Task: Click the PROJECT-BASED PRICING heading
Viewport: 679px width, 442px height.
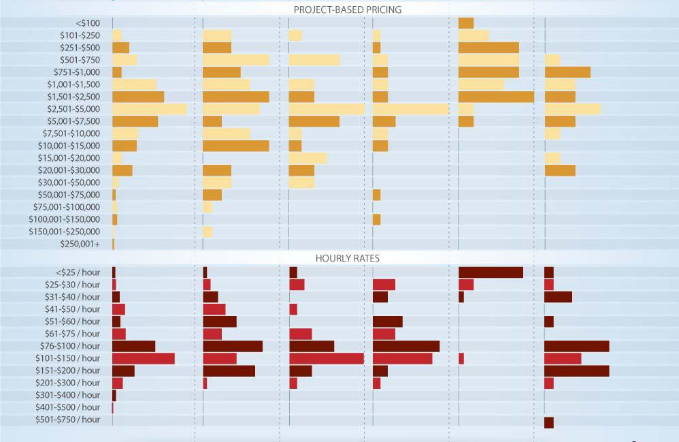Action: pos(347,10)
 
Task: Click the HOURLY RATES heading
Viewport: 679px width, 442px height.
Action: pos(347,258)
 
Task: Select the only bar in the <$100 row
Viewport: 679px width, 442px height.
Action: pos(466,23)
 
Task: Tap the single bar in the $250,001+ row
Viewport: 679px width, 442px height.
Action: pos(113,244)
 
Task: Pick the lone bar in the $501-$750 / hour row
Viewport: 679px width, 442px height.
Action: pos(548,422)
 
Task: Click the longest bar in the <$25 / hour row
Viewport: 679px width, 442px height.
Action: pos(491,272)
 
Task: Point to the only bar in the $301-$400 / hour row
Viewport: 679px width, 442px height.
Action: pos(114,395)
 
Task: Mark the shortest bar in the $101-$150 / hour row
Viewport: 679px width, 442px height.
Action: pos(461,358)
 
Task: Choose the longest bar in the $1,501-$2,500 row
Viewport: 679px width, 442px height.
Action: pos(496,97)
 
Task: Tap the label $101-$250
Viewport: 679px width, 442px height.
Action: pos(80,35)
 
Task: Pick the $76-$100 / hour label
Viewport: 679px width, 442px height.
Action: pos(70,346)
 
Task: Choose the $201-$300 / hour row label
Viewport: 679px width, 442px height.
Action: pos(68,383)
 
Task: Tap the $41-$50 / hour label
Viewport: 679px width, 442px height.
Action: pos(71,309)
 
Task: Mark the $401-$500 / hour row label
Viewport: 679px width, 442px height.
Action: pos(68,407)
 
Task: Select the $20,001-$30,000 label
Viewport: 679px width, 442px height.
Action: pos(69,170)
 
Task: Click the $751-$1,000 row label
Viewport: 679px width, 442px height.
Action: pos(77,72)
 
